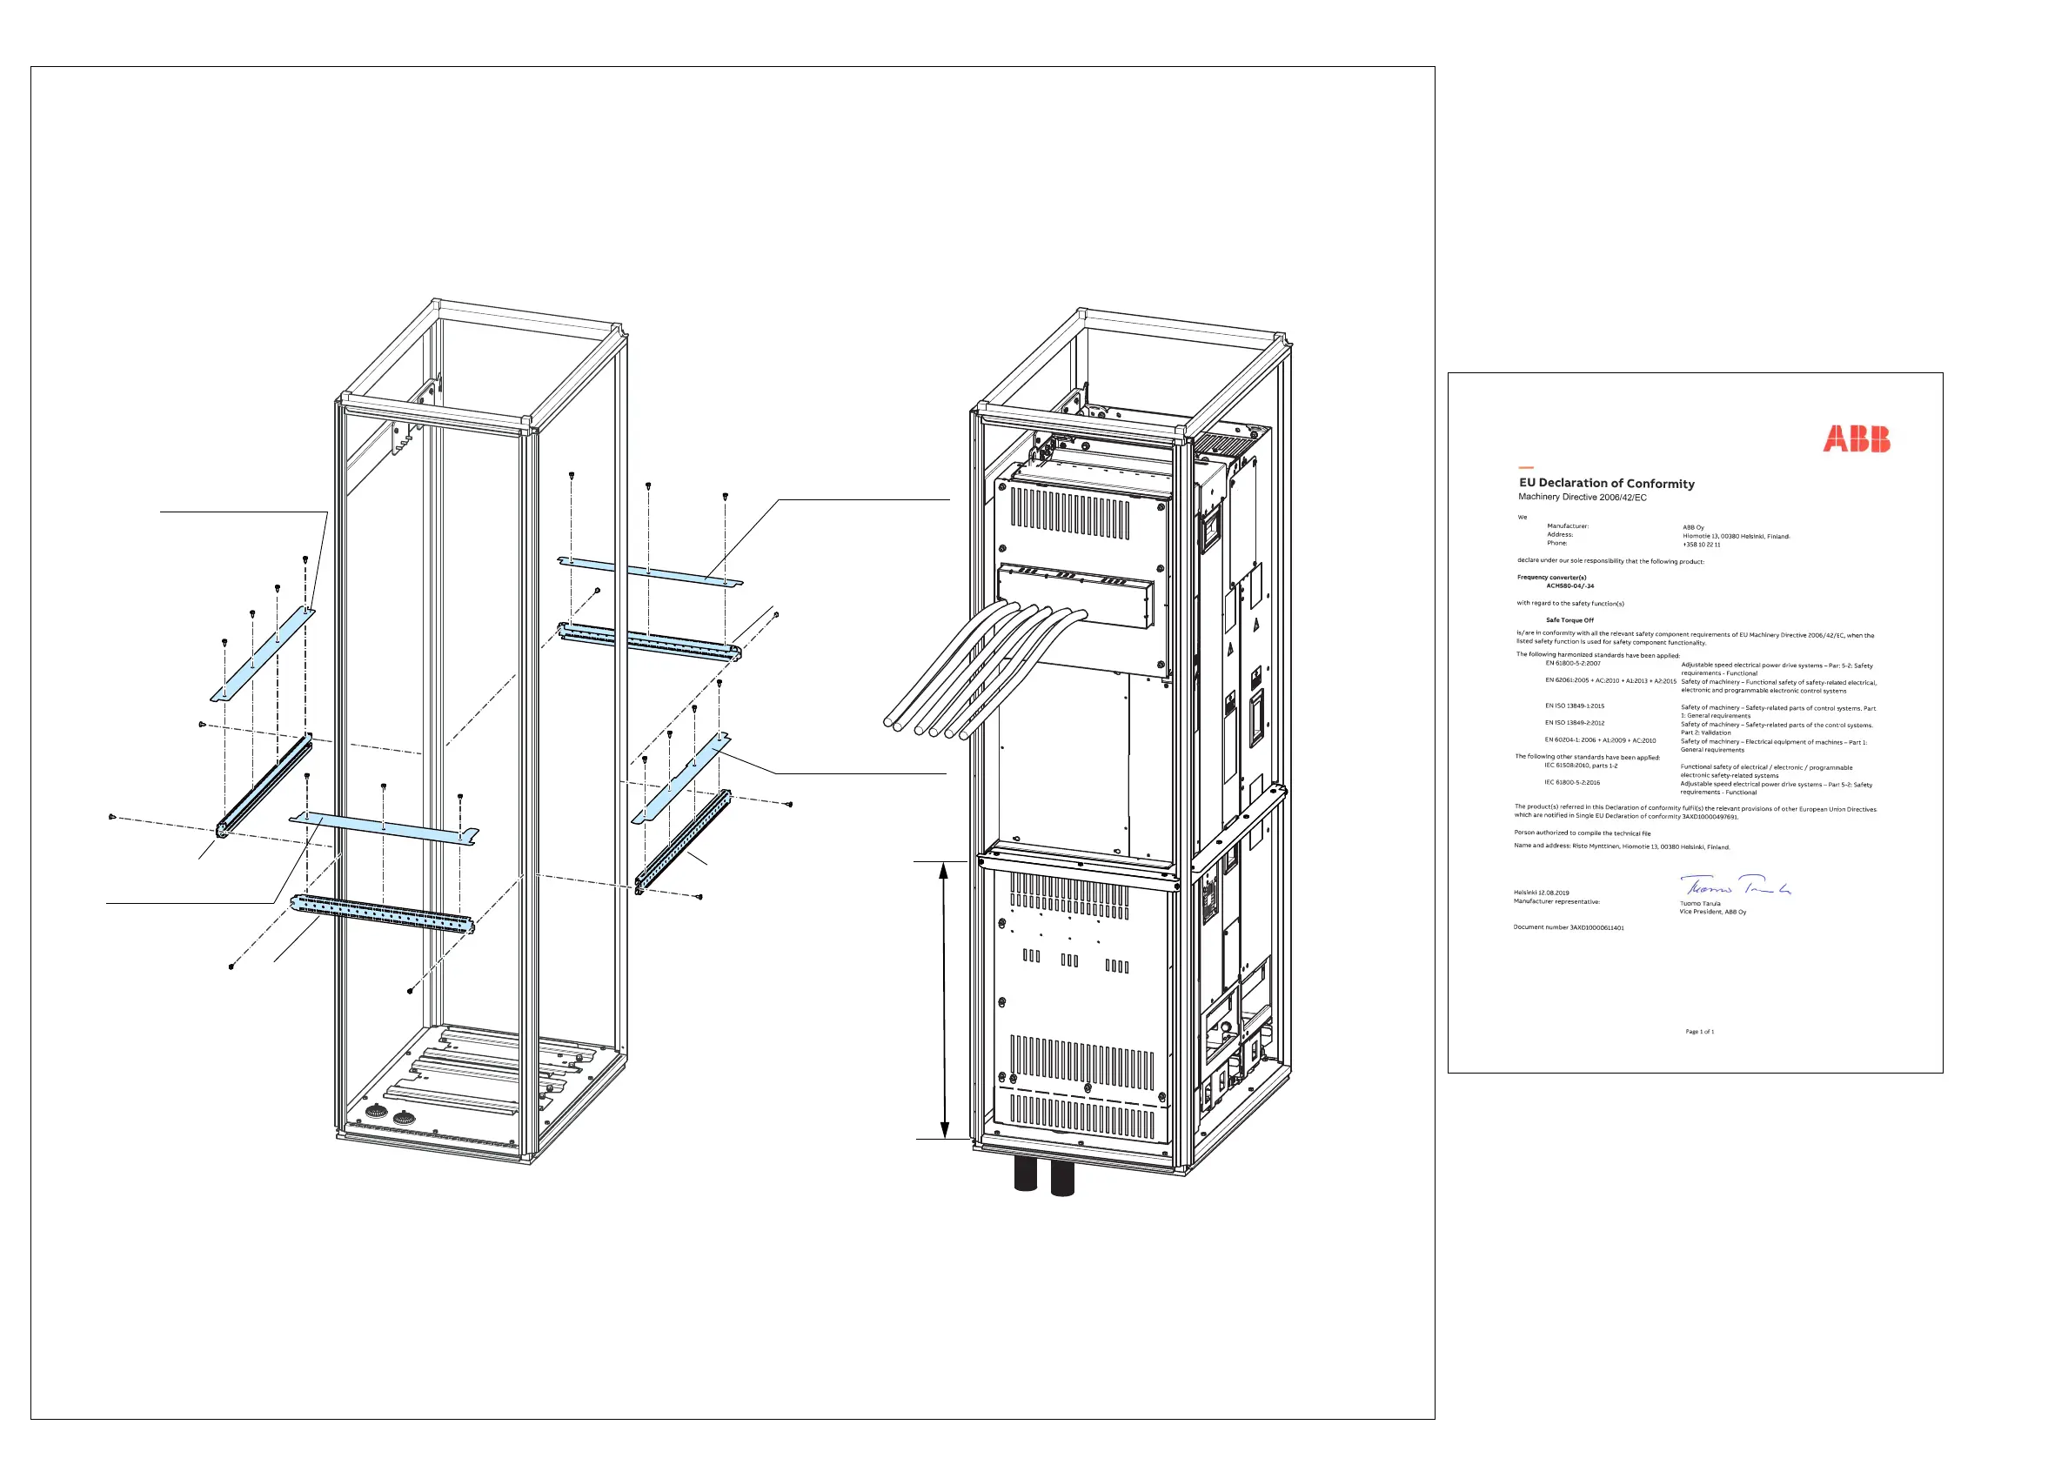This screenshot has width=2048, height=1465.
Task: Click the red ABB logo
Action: pos(1856,439)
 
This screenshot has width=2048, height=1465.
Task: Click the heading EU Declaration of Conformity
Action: pos(1606,484)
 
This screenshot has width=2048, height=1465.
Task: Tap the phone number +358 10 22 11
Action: pos(1701,545)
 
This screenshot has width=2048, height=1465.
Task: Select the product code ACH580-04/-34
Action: pos(1569,586)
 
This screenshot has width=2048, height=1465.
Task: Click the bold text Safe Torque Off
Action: pos(1569,620)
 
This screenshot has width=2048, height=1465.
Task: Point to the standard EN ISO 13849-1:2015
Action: pos(1575,706)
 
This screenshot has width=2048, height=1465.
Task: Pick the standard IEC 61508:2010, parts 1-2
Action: pos(1581,766)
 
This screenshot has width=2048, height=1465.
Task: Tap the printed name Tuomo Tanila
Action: pos(1700,903)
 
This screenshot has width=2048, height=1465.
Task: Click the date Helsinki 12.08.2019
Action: pos(1541,893)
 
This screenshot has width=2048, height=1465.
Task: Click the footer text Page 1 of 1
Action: pos(1700,1032)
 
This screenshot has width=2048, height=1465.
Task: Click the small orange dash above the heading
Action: pos(1526,467)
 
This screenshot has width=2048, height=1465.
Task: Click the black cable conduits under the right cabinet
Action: pos(1044,1178)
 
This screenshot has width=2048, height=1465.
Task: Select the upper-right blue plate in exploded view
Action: pos(650,571)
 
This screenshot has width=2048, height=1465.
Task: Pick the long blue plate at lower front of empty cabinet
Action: pos(384,827)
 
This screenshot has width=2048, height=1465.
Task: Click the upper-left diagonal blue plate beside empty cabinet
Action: pos(264,655)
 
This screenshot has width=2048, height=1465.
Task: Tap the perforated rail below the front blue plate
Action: pos(382,913)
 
